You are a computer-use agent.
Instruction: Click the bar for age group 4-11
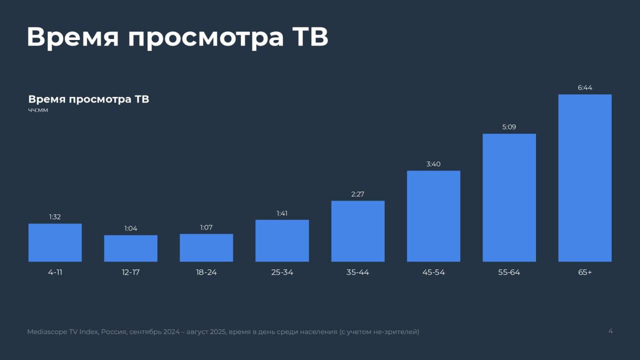(x=55, y=242)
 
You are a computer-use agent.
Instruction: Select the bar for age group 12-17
(x=130, y=248)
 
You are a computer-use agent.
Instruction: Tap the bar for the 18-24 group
(x=206, y=248)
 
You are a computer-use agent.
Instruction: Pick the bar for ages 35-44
(x=358, y=231)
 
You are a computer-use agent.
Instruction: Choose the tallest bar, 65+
(x=585, y=178)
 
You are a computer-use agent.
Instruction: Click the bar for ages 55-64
(x=509, y=197)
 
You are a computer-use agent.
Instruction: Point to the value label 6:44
(x=585, y=87)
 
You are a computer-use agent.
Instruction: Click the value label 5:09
(x=509, y=127)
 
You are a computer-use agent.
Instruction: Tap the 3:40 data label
(x=433, y=164)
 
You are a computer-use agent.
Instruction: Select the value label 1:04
(x=130, y=228)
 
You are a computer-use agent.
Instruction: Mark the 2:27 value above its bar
(x=358, y=194)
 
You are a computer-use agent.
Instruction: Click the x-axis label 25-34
(x=282, y=272)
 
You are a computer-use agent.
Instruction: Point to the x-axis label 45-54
(x=433, y=272)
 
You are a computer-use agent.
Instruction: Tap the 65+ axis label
(x=585, y=272)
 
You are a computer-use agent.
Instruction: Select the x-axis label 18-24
(x=206, y=272)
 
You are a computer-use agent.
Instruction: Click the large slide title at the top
(x=177, y=37)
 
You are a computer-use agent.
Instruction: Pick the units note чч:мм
(x=38, y=110)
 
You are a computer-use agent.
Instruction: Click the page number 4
(x=610, y=331)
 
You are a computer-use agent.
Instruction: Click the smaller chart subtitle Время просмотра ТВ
(x=88, y=99)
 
